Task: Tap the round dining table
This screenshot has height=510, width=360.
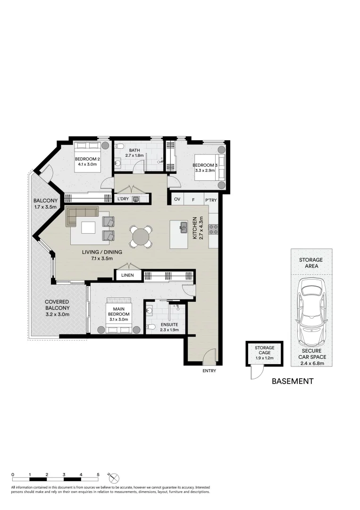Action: (142, 237)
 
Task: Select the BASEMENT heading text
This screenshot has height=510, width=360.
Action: (293, 381)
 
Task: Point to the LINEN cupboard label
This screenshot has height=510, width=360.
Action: (127, 275)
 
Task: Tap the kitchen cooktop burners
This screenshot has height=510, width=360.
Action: (213, 229)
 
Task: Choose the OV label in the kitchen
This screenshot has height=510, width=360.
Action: (177, 200)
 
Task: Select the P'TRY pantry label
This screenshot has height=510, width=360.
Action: (211, 200)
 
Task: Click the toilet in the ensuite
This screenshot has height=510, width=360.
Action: (151, 327)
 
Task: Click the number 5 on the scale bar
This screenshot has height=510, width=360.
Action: (98, 474)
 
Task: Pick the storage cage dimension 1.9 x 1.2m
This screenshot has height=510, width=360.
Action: (264, 358)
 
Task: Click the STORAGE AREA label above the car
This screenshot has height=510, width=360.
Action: (311, 263)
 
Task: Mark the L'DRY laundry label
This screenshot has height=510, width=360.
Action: (123, 199)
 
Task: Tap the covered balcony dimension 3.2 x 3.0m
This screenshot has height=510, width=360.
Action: (57, 314)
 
